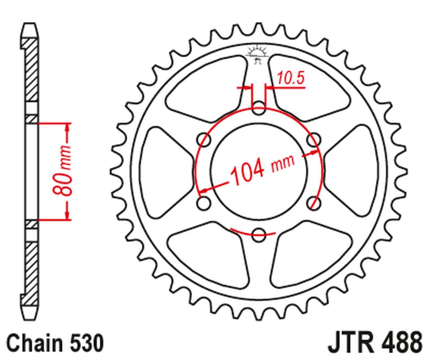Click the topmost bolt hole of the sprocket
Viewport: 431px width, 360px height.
[259, 108]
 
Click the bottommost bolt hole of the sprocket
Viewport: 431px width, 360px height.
[259, 234]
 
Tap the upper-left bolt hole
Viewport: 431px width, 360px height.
[205, 140]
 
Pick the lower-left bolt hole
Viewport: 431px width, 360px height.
[205, 202]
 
